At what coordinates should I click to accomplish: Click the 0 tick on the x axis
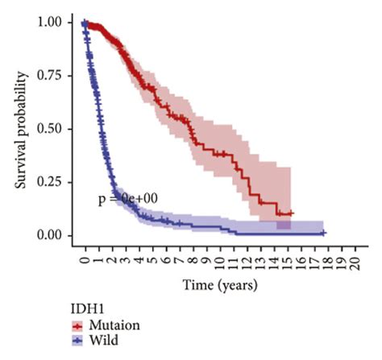point(85,261)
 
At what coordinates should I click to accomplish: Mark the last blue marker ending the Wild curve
point(323,233)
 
